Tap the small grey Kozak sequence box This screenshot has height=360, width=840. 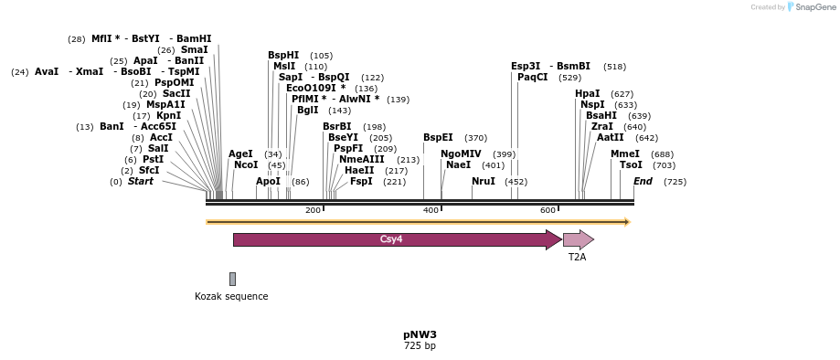[x=232, y=279]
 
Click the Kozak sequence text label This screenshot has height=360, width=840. [x=231, y=296]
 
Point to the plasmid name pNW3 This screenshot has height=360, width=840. [x=420, y=334]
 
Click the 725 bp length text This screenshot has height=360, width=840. [x=420, y=346]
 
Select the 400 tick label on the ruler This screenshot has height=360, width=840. [x=431, y=211]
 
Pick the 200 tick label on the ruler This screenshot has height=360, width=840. [x=313, y=211]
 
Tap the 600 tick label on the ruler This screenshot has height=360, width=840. [x=548, y=211]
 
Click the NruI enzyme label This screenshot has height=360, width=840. [x=484, y=181]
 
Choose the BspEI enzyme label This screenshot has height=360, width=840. [x=438, y=137]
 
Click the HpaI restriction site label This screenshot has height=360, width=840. [x=588, y=93]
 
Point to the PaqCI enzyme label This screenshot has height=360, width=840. [x=533, y=77]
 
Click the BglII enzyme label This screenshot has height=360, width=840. [x=308, y=110]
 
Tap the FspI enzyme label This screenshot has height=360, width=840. [x=361, y=181]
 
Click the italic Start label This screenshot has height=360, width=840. [x=141, y=181]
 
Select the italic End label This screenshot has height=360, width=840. [x=643, y=181]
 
